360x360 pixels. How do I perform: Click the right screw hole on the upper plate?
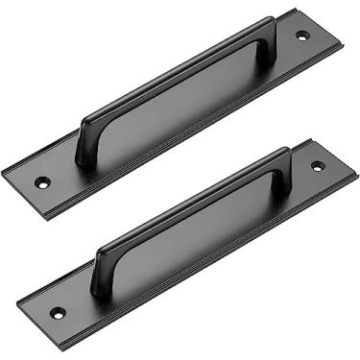tap(302, 36)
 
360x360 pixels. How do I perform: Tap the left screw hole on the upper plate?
tap(42, 181)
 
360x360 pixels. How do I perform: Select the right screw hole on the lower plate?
tap(318, 166)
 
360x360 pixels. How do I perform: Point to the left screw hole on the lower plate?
tap(58, 312)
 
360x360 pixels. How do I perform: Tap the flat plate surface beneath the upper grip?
tap(182, 110)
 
